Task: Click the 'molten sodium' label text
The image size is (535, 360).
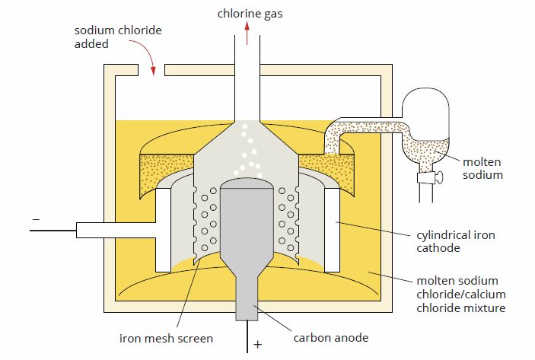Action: click(x=482, y=167)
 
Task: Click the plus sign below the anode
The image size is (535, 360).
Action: click(x=257, y=345)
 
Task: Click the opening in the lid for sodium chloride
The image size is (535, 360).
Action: click(x=151, y=72)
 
